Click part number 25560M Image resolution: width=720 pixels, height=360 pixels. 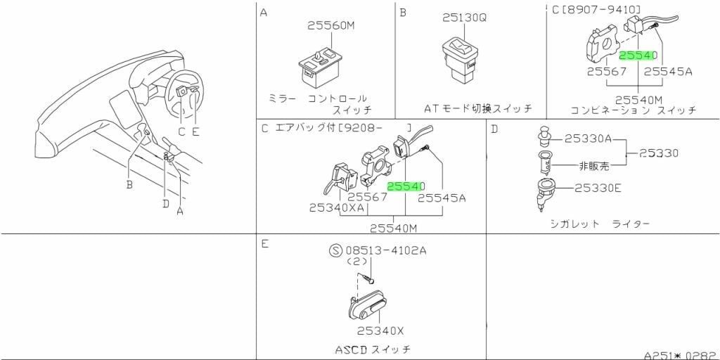[x=331, y=27]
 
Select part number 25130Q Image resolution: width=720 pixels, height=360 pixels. [x=464, y=18]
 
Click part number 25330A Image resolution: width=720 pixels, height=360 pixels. [x=588, y=139]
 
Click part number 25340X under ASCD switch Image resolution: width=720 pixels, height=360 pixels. [x=380, y=330]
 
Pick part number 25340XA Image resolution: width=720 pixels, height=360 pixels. [x=336, y=207]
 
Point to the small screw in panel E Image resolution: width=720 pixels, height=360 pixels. [x=368, y=278]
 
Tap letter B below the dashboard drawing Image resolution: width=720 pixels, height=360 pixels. [x=129, y=185]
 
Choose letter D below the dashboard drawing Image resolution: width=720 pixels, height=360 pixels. [x=166, y=202]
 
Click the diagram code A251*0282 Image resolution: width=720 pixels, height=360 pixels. [x=681, y=355]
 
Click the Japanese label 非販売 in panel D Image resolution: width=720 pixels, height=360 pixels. [x=594, y=166]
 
